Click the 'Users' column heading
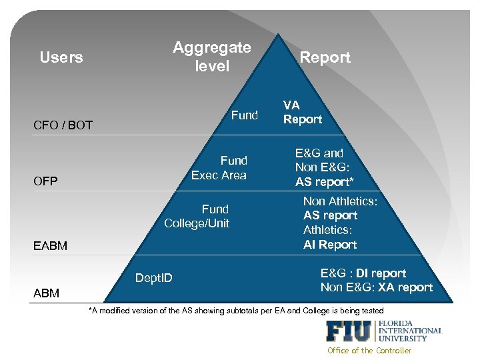[61, 57]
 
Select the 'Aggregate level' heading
[212, 57]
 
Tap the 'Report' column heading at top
[325, 57]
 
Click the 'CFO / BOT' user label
[63, 125]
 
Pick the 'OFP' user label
[45, 181]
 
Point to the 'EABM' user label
[50, 246]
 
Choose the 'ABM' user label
[46, 293]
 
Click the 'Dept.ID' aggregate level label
[153, 277]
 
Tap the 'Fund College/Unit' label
[197, 216]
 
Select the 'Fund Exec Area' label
[219, 168]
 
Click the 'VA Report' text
[302, 112]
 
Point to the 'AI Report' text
[330, 245]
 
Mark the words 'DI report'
[381, 273]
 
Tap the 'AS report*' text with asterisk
[325, 182]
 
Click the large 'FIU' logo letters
[350, 331]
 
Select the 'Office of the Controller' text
[369, 351]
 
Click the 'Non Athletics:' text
[340, 201]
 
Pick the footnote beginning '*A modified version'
[236, 311]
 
